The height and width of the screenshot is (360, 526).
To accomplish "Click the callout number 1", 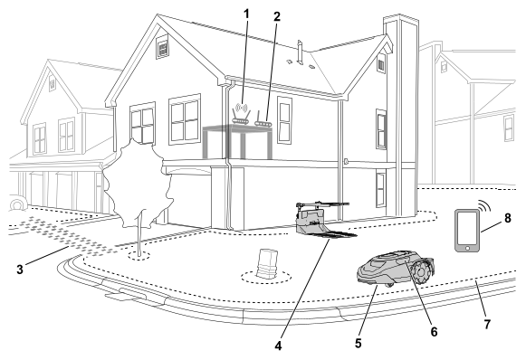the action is (x=246, y=14).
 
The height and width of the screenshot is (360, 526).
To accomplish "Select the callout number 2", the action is (x=277, y=16).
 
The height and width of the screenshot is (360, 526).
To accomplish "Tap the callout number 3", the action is (x=20, y=270).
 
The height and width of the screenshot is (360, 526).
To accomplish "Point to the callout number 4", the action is (x=278, y=346).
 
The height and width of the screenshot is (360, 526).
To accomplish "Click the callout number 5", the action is (x=359, y=343).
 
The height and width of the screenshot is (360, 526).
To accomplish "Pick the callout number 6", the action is (x=434, y=332).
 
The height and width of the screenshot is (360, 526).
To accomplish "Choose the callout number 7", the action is (x=487, y=324).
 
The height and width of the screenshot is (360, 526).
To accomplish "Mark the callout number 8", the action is (x=508, y=218).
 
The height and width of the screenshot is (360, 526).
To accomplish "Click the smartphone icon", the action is (x=467, y=231).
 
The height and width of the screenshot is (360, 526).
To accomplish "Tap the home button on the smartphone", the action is (x=467, y=248).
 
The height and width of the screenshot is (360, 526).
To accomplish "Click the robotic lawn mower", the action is (x=395, y=269).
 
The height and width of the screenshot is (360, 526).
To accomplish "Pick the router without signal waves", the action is (x=263, y=119).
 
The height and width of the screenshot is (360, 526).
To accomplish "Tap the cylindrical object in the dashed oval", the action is (x=266, y=263).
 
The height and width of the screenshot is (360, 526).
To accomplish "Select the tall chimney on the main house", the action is (x=401, y=115).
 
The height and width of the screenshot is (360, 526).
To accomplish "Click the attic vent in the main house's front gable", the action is (x=162, y=47).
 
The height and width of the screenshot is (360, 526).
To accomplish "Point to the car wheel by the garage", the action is (x=18, y=203).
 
